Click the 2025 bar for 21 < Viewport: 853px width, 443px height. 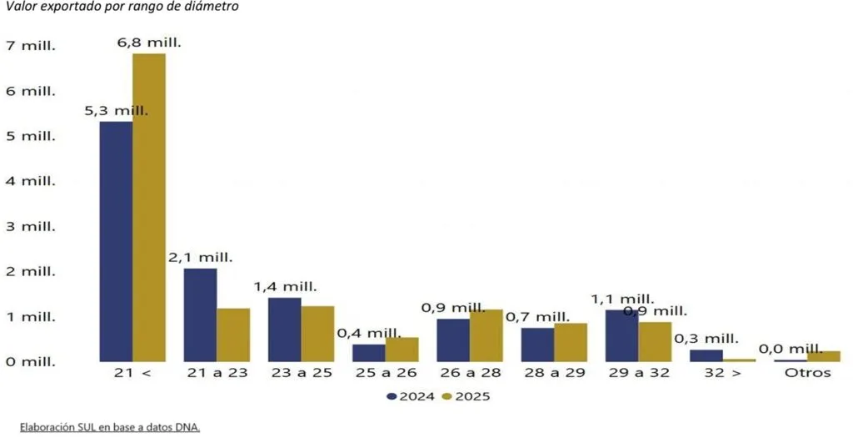[149, 208]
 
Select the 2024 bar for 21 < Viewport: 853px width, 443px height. [116, 241]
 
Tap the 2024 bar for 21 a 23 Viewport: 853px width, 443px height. [200, 315]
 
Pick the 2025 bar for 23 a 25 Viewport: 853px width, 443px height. [317, 334]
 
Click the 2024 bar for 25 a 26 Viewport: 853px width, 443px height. [369, 353]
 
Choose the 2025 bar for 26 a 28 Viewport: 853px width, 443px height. [486, 335]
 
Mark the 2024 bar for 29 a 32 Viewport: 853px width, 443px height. [621, 335]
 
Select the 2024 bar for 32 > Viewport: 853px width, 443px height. [706, 355]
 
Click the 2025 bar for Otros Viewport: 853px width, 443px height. [824, 356]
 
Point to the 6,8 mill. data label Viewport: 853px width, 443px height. [149, 43]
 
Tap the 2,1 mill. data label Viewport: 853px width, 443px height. [200, 257]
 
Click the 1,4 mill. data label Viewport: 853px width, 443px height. [285, 287]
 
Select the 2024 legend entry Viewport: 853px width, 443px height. [411, 396]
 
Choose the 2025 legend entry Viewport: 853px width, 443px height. [466, 396]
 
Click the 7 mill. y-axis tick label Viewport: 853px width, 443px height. [31, 46]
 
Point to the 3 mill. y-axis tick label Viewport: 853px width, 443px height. [31, 226]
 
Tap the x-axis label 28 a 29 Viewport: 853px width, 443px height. [555, 373]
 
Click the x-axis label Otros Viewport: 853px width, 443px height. [808, 373]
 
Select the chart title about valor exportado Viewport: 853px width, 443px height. [122, 7]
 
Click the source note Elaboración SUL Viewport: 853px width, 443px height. [110, 427]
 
